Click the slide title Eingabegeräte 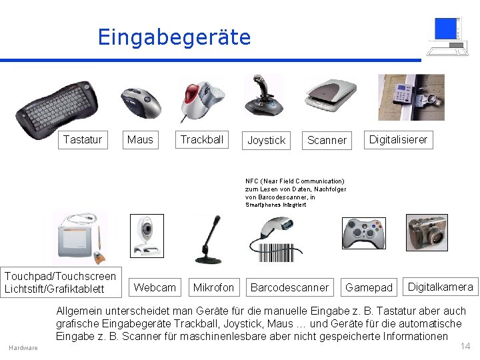pos(174,37)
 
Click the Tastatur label pos(83,139)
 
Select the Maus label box pos(140,139)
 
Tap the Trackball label pos(201,139)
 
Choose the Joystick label pos(266,140)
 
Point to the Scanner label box pos(327,140)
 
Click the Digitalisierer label pos(399,139)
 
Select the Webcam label pos(155,287)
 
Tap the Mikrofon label pos(213,287)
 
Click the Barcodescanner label pos(289,287)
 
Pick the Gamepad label pos(369,287)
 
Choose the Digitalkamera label pos(440,287)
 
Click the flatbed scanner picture pos(331,95)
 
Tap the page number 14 pos(465,345)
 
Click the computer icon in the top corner pos(447,37)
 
